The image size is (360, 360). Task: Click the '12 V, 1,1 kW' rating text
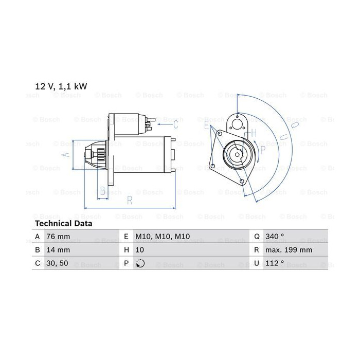(61, 86)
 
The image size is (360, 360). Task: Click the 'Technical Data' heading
(64, 223)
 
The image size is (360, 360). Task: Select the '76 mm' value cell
(58, 236)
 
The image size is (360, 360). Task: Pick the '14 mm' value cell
(58, 250)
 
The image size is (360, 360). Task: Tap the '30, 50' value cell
(57, 263)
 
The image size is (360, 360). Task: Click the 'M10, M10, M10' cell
(163, 236)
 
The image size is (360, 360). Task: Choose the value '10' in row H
(139, 250)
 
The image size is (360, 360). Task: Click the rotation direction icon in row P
(140, 263)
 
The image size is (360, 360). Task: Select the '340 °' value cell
(275, 236)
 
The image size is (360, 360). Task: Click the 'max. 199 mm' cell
(289, 250)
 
